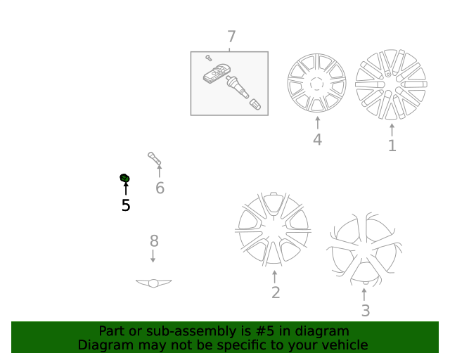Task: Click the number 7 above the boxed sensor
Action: pos(231,37)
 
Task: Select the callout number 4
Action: pos(317,140)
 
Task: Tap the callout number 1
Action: pos(392,146)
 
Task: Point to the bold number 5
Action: pos(126,205)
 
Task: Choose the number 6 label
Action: pos(160,188)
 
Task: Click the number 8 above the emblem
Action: pos(154,241)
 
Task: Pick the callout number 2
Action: pos(276,292)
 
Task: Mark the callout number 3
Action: pos(365,310)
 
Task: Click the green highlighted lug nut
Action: pos(125,178)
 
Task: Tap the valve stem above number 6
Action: pos(155,157)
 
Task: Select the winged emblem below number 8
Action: pos(153,283)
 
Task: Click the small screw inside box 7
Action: pos(209,58)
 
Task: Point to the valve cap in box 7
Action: pos(256,105)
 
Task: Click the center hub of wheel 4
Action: pos(317,84)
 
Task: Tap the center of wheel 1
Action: pos(392,84)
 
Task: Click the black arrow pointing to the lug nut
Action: pos(126,188)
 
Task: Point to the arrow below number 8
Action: pos(153,257)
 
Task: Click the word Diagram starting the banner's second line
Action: pos(103,345)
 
